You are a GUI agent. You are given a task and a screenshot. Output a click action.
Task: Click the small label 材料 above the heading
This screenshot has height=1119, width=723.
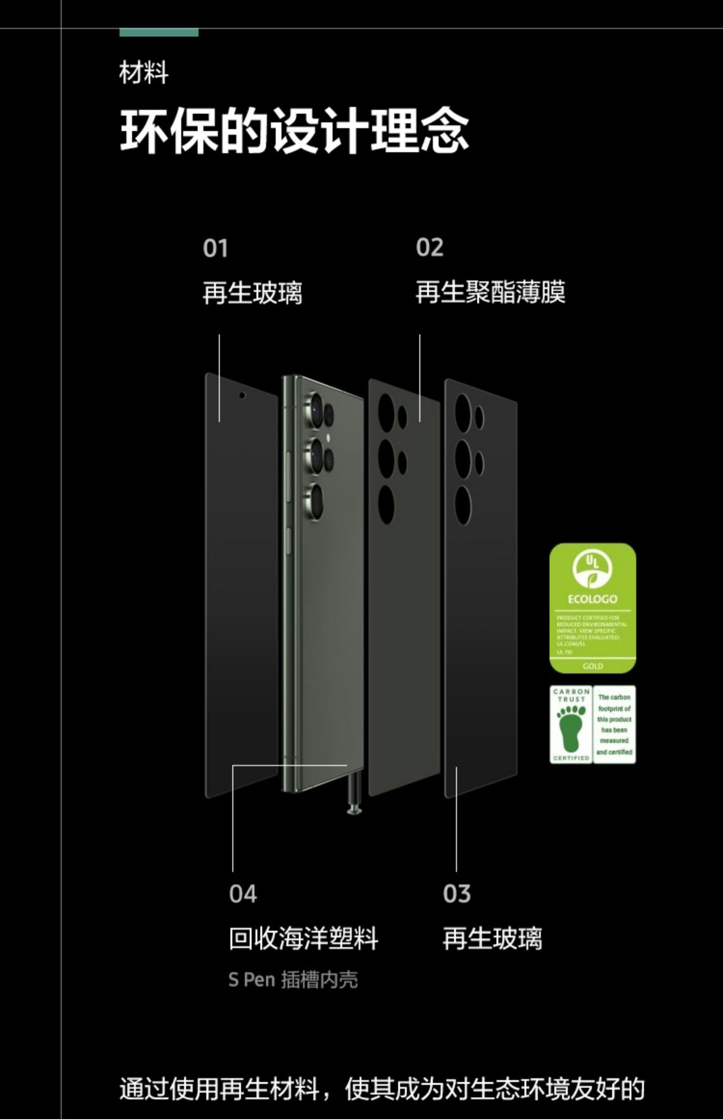pyautogui.click(x=144, y=73)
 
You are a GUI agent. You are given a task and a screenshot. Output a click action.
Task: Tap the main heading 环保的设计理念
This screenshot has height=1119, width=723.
pyautogui.click(x=294, y=131)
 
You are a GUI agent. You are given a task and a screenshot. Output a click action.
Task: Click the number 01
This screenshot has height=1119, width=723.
pyautogui.click(x=215, y=248)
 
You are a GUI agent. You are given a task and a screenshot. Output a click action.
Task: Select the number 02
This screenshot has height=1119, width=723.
pyautogui.click(x=429, y=248)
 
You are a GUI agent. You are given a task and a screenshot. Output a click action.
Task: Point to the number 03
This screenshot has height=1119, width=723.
pyautogui.click(x=456, y=894)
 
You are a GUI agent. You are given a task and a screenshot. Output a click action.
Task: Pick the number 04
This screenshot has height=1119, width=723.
pyautogui.click(x=243, y=894)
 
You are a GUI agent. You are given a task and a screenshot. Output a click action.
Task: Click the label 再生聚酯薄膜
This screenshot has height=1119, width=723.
pyautogui.click(x=490, y=292)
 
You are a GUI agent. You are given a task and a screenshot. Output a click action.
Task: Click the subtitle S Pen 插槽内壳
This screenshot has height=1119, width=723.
pyautogui.click(x=293, y=980)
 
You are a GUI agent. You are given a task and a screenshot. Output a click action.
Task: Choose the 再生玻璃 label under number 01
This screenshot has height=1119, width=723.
pyautogui.click(x=252, y=292)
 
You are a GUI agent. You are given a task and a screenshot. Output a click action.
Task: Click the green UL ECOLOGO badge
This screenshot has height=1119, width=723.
pyautogui.click(x=592, y=607)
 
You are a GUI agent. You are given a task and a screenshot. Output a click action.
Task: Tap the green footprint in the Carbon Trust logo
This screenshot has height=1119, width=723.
pyautogui.click(x=571, y=729)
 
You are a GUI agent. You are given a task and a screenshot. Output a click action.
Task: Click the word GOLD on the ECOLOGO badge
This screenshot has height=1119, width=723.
pyautogui.click(x=592, y=666)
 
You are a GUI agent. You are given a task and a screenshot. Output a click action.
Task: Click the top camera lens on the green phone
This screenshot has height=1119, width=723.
pyautogui.click(x=316, y=410)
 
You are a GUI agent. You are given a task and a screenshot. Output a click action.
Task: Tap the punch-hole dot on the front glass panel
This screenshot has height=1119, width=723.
pyautogui.click(x=242, y=395)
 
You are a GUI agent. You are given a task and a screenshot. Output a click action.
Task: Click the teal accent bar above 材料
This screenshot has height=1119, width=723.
pyautogui.click(x=159, y=33)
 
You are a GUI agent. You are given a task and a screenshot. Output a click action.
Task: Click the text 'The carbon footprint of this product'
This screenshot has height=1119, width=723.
pyautogui.click(x=614, y=708)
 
